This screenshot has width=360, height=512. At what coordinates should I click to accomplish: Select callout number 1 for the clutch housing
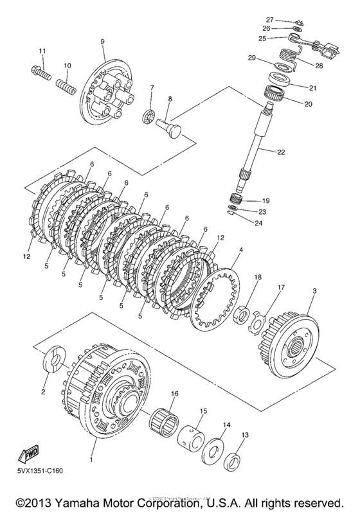(91, 461)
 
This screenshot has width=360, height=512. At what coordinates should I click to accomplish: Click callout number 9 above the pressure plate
(102, 42)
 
